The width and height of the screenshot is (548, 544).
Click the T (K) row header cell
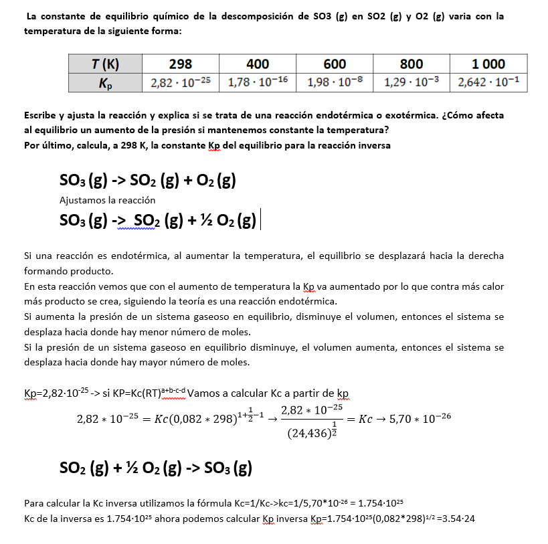tap(105, 64)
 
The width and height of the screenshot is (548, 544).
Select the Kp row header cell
tap(105, 83)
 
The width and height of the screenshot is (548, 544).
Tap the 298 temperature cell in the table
tap(180, 64)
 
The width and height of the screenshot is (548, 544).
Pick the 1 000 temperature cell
tap(488, 64)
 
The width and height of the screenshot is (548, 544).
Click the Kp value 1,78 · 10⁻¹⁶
tap(258, 83)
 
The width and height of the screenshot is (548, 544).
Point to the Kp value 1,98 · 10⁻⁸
tap(335, 83)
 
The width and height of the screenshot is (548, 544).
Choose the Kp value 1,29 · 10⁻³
tap(412, 83)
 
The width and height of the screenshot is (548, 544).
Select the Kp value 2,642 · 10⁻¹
tap(488, 83)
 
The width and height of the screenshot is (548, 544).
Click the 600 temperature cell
tap(335, 64)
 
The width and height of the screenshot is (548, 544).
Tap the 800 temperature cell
tap(412, 64)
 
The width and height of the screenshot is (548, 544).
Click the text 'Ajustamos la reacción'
tap(107, 200)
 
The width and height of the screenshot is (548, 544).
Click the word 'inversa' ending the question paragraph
tap(374, 145)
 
